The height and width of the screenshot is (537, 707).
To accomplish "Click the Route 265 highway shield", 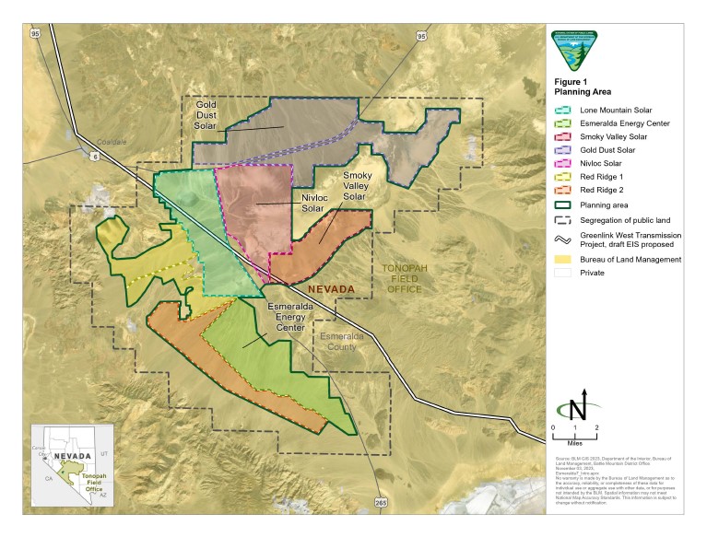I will (383, 503).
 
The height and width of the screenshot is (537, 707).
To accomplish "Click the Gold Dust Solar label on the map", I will (206, 116).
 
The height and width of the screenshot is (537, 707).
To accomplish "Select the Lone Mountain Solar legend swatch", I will (561, 110).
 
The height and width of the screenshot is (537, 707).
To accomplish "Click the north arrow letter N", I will (576, 409).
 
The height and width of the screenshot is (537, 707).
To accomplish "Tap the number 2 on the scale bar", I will (596, 428).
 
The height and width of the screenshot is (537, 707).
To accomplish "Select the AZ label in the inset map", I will (103, 495).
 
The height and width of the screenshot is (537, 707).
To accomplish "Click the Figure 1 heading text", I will (572, 81).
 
